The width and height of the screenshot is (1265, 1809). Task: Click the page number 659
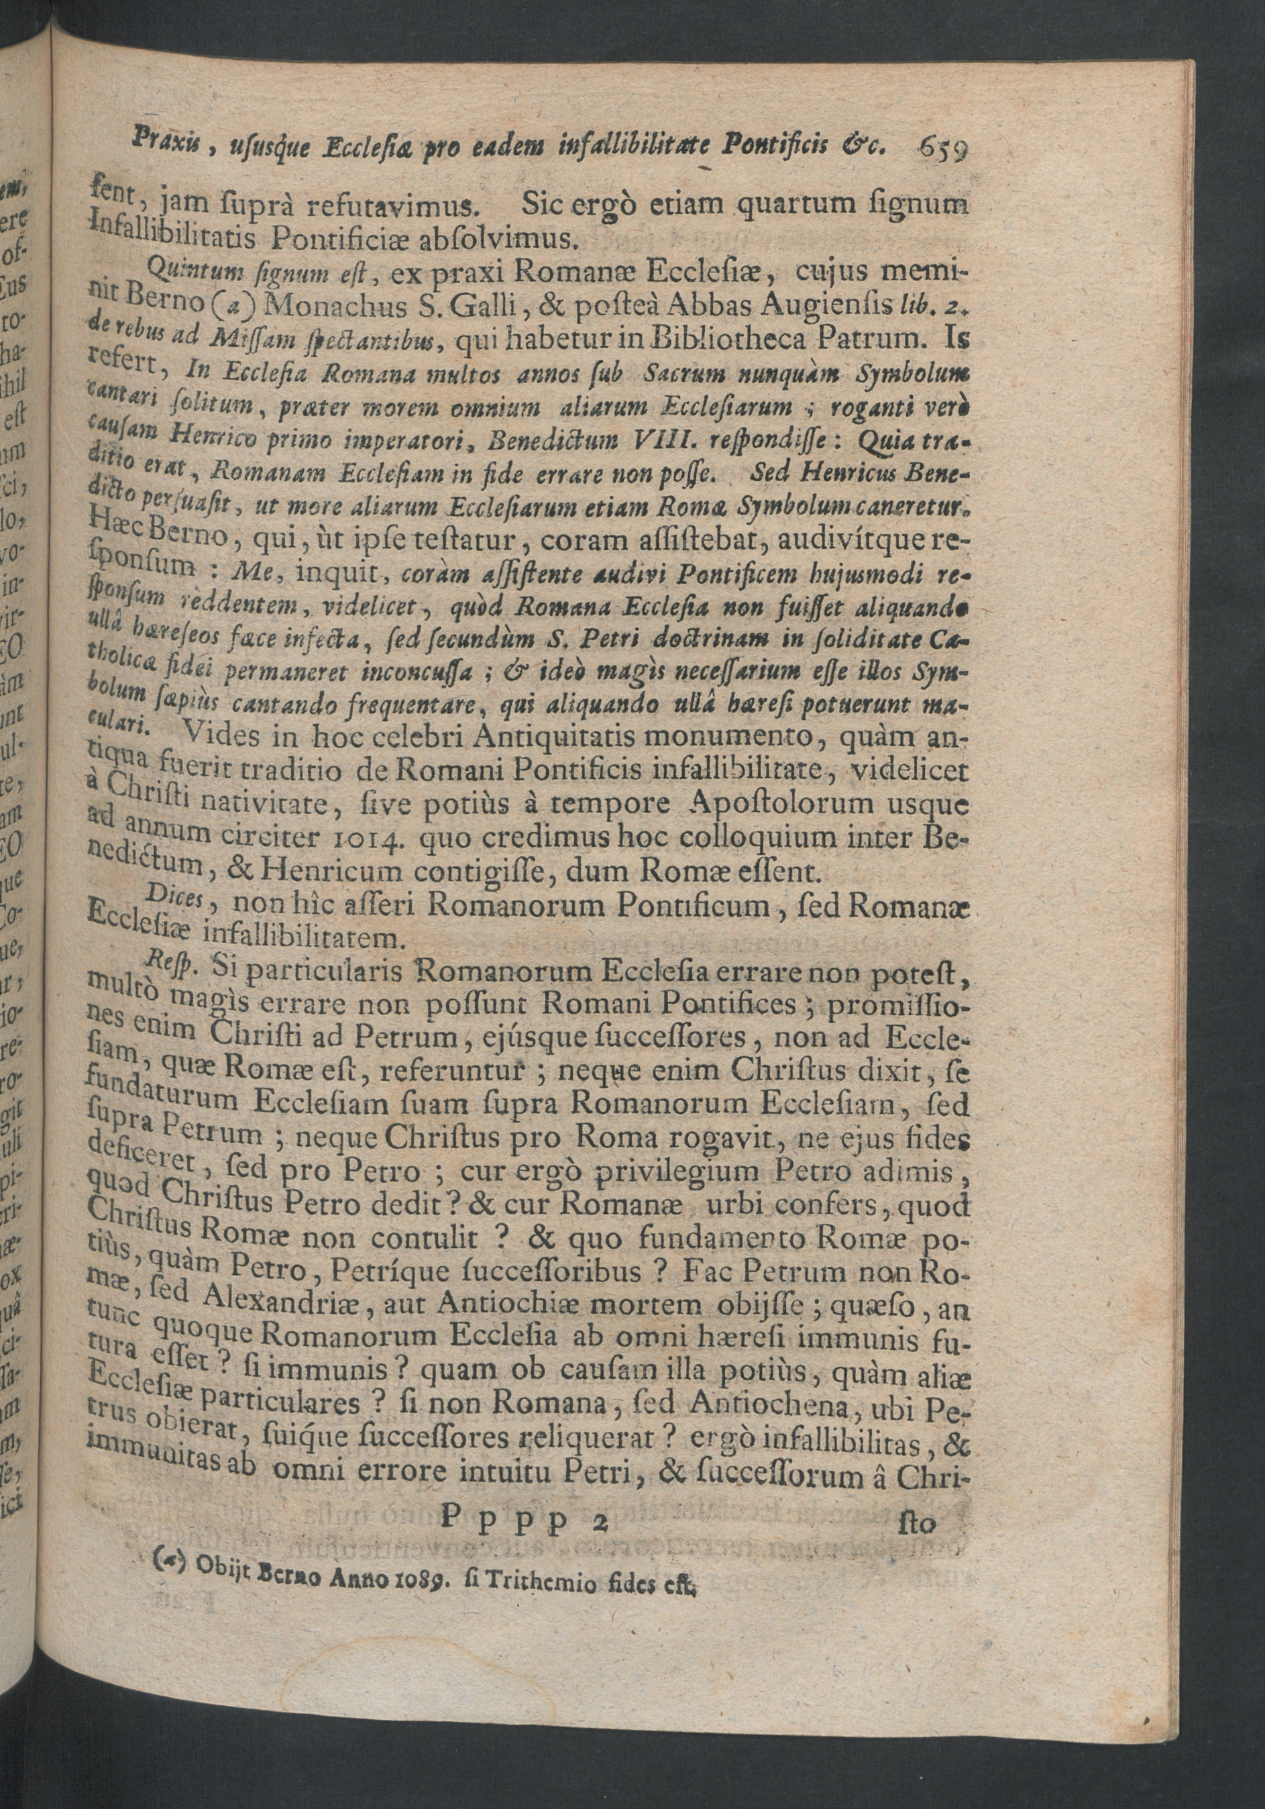(x=943, y=149)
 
